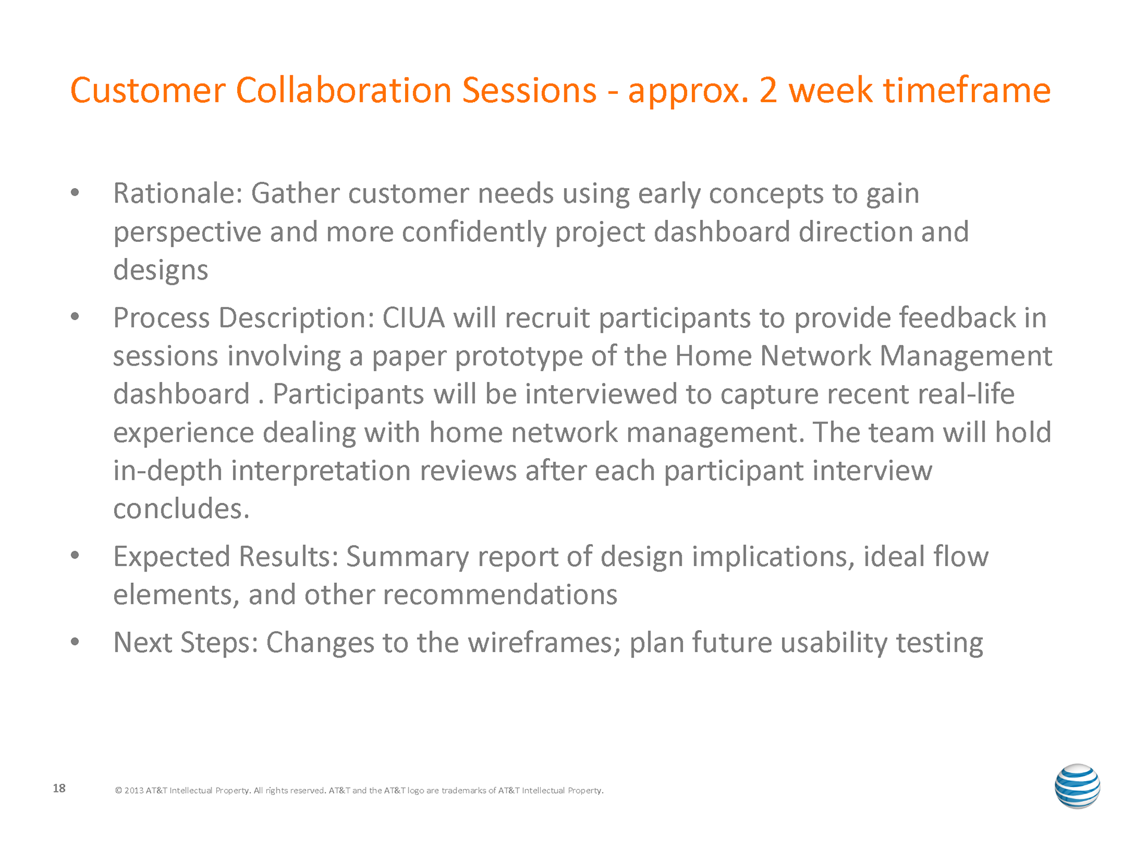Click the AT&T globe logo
[1077, 786]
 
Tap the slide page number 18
[59, 788]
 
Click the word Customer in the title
[148, 91]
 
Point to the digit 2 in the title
[768, 91]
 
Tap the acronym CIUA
[413, 318]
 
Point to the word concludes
[181, 509]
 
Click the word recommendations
[500, 595]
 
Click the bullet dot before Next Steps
[75, 643]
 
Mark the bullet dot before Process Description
[75, 318]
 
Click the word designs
[161, 271]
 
